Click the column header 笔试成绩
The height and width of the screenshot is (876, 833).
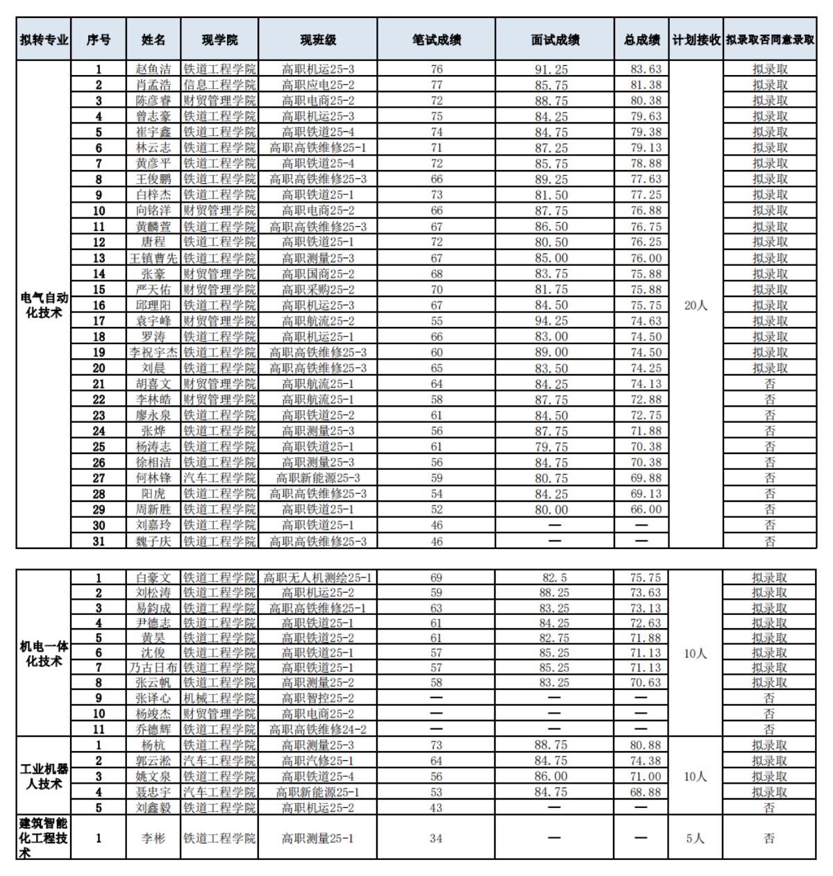click(x=436, y=40)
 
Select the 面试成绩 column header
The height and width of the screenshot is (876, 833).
click(x=555, y=40)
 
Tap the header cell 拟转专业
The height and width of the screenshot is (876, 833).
click(x=44, y=40)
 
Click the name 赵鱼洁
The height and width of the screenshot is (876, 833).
click(x=153, y=69)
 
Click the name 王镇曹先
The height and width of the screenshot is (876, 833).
click(x=153, y=258)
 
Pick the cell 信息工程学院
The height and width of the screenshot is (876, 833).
click(x=219, y=85)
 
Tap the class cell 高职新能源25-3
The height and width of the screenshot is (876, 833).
click(x=317, y=478)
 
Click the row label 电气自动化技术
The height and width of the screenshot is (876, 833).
click(x=44, y=305)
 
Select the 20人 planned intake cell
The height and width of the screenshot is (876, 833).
click(x=696, y=305)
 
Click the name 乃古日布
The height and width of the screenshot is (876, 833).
click(x=153, y=667)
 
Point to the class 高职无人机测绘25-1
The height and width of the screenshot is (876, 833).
click(x=317, y=578)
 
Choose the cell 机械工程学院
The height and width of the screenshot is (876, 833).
click(x=219, y=698)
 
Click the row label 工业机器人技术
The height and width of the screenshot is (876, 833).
click(x=44, y=776)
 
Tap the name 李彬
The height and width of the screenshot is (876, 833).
click(x=153, y=838)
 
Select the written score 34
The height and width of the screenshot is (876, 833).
click(x=436, y=838)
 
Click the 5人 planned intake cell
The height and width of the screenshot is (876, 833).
click(x=696, y=838)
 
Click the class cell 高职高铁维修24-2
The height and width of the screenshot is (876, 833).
click(x=317, y=729)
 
